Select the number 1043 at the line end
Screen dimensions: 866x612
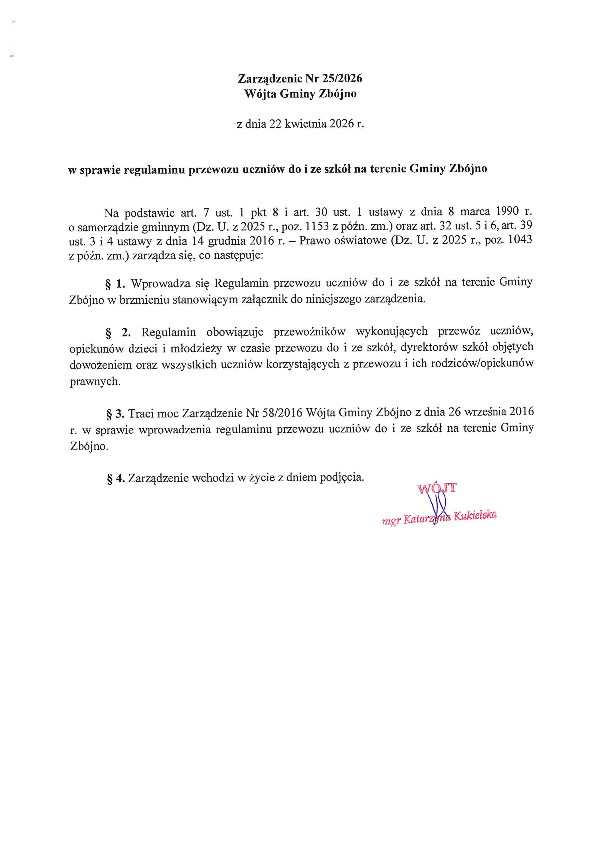point(520,240)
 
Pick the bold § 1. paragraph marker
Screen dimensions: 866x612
point(115,282)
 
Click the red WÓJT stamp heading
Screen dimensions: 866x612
point(437,489)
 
